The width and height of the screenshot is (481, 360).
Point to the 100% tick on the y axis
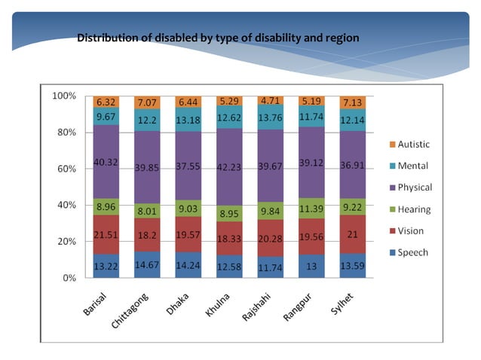[63, 96]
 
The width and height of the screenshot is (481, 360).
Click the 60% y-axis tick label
[66, 169]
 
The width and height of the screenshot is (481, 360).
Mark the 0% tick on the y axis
[69, 278]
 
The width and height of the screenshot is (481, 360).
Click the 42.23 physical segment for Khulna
[228, 167]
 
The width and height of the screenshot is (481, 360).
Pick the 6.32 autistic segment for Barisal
[105, 102]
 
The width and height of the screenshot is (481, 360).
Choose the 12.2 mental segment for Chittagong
[146, 119]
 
